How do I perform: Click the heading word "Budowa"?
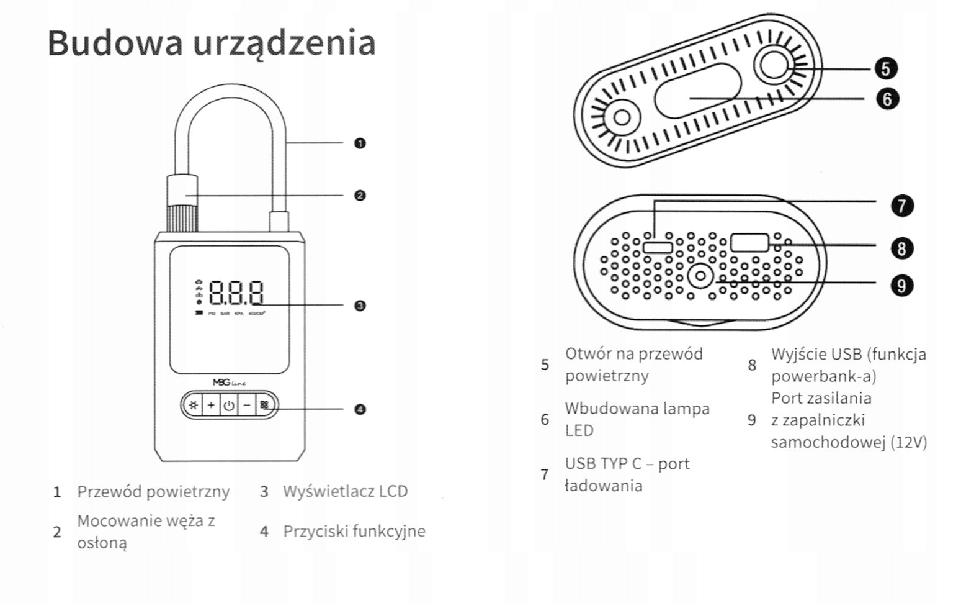click(x=115, y=43)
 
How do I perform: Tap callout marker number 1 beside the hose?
click(x=360, y=143)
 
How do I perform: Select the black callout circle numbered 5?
click(x=886, y=68)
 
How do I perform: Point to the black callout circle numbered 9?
click(x=901, y=286)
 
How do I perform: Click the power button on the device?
click(x=229, y=406)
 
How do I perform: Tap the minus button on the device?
click(x=247, y=406)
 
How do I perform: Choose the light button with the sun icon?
click(x=194, y=406)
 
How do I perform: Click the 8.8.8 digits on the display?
click(x=236, y=292)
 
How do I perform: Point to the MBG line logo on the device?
click(x=229, y=383)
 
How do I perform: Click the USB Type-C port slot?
click(x=658, y=247)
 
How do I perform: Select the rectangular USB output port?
click(x=749, y=243)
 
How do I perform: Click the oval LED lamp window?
click(x=698, y=90)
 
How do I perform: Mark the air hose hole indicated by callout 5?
click(x=773, y=65)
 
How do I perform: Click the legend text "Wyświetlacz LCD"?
click(x=345, y=491)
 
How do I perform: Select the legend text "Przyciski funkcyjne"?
click(x=354, y=532)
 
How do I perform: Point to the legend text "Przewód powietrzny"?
click(x=153, y=492)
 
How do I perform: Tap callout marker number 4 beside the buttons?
click(x=360, y=409)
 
